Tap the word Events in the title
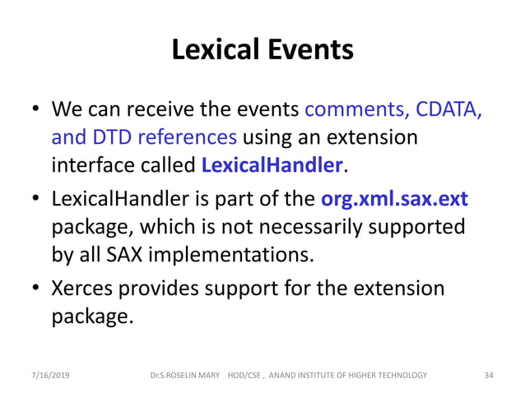tap(312, 51)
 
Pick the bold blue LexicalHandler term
tap(272, 164)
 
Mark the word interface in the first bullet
tap(87, 164)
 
